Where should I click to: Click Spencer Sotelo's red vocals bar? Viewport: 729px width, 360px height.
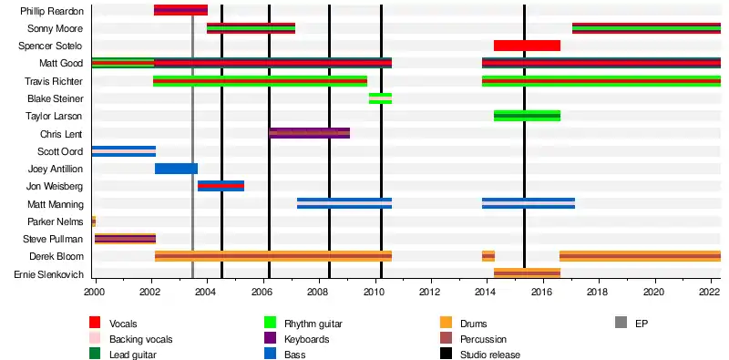pos(527,46)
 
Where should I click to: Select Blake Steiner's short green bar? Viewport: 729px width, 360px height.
pos(380,98)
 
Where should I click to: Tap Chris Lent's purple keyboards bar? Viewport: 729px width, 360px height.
pos(310,133)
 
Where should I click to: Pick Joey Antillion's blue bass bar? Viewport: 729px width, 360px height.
pos(176,169)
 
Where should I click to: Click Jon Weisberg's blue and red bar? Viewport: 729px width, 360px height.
pos(221,186)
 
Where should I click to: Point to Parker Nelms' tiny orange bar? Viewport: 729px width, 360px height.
pos(94,221)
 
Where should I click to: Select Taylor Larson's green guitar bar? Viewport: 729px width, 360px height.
pos(527,116)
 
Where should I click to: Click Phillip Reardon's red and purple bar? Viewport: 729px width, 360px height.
pos(180,10)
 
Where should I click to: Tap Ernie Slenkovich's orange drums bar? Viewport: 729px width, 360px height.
pos(527,274)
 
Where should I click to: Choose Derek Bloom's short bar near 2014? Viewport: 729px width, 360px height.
pos(488,256)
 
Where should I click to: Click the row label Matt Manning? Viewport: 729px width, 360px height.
pos(56,204)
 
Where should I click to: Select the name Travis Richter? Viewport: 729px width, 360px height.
pos(54,81)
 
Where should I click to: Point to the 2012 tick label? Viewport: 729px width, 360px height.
pos(430,291)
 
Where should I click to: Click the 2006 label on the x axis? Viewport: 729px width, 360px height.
pos(262,291)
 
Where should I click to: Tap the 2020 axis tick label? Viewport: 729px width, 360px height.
pos(654,291)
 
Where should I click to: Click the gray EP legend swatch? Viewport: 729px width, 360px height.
pos(621,323)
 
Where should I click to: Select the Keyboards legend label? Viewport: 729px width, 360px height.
pos(306,339)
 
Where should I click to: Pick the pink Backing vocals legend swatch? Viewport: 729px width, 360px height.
pos(95,339)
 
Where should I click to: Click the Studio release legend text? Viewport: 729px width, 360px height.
pos(490,355)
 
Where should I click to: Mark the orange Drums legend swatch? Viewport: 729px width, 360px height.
pos(446,323)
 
